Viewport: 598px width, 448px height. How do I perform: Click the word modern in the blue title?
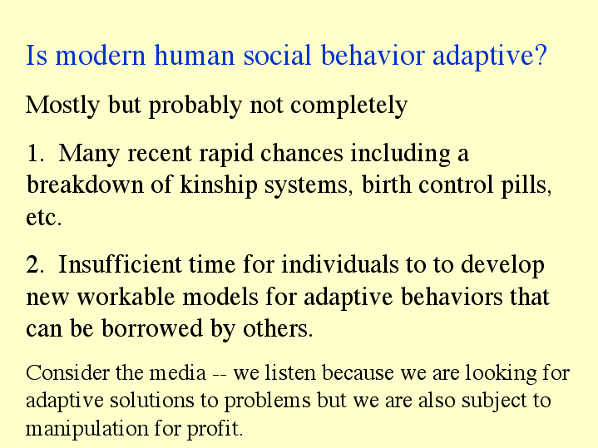coord(101,56)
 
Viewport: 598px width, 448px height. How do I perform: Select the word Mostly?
coord(63,106)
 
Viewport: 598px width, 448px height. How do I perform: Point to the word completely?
coord(349,106)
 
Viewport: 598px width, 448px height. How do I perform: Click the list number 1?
coord(35,154)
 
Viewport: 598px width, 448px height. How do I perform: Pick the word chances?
coord(302,153)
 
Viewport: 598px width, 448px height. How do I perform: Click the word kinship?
coord(219,185)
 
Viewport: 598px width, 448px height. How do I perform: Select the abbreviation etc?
coord(43,218)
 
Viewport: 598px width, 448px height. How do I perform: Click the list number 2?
coord(35,264)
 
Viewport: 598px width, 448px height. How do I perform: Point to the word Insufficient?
coord(120,264)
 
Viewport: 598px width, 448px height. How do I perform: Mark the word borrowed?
coord(152,328)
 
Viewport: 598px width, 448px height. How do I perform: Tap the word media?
coord(178,373)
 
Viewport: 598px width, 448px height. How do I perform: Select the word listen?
coord(290,373)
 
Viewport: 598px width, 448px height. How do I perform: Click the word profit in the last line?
coord(215,429)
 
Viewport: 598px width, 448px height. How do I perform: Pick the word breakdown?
coord(85,185)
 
